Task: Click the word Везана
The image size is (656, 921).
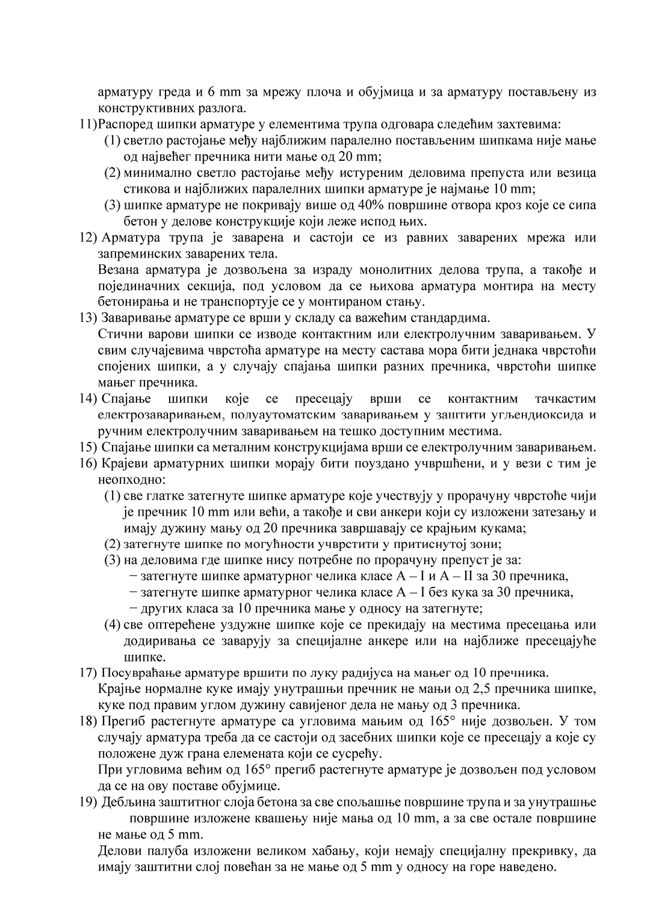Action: tap(116, 270)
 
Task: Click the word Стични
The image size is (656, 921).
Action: tap(116, 334)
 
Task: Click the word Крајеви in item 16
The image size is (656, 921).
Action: tap(124, 464)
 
